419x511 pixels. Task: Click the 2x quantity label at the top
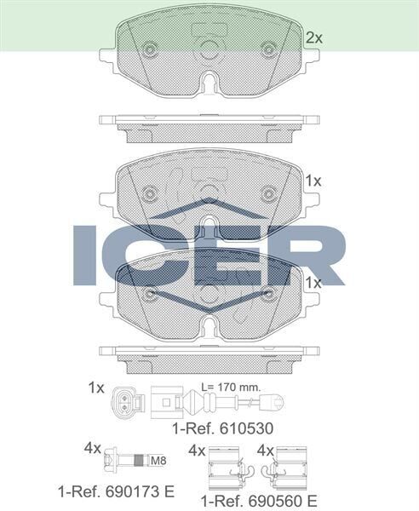pos(314,37)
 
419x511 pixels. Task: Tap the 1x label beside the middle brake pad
pos(313,181)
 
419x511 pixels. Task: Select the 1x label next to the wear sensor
pos(95,388)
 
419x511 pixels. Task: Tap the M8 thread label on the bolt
pos(158,461)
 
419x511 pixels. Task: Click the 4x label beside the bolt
pos(93,448)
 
